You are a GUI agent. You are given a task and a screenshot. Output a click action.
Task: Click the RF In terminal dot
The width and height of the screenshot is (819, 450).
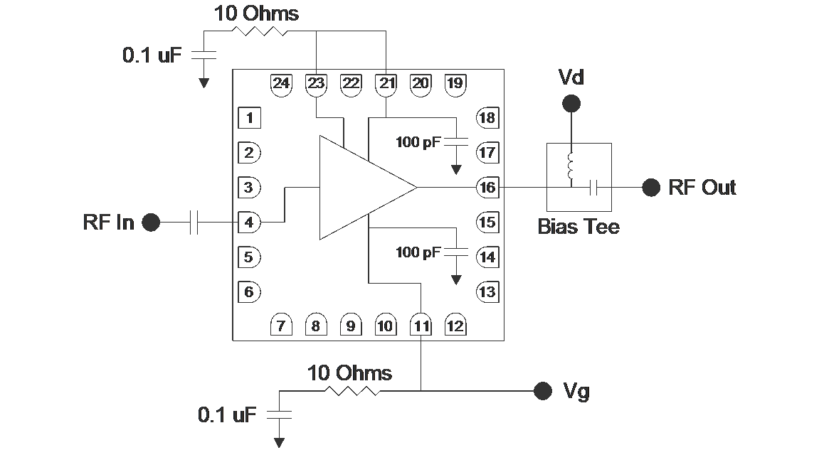151,223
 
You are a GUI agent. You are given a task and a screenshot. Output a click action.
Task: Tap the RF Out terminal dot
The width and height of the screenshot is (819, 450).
650,188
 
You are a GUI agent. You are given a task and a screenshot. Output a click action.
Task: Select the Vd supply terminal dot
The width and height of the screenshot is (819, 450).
571,105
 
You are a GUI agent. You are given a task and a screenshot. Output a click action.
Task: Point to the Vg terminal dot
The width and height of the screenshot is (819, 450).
543,390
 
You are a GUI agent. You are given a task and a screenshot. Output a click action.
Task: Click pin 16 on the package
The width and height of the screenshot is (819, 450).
487,188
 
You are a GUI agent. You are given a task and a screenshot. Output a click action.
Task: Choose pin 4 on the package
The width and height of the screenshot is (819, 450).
249,223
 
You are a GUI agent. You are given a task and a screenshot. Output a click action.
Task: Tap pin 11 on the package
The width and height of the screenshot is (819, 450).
421,326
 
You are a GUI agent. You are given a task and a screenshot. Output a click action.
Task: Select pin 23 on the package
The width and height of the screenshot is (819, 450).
315,83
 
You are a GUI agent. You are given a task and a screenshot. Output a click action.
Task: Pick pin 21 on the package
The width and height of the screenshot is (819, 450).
386,83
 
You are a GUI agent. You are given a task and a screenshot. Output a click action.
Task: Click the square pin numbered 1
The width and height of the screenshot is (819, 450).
249,118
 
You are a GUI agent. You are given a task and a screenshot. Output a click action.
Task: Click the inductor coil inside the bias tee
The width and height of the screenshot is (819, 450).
571,166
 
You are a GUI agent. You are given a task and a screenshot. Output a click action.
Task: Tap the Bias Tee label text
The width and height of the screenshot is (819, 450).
578,227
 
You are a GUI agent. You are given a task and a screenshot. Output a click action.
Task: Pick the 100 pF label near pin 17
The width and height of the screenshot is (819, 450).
418,142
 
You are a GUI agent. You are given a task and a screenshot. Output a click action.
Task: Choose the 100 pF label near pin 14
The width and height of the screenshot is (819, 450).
418,252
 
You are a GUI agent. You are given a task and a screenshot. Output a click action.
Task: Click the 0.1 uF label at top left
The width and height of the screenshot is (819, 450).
152,55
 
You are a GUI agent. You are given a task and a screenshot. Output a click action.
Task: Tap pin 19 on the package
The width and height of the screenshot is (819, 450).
455,83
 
